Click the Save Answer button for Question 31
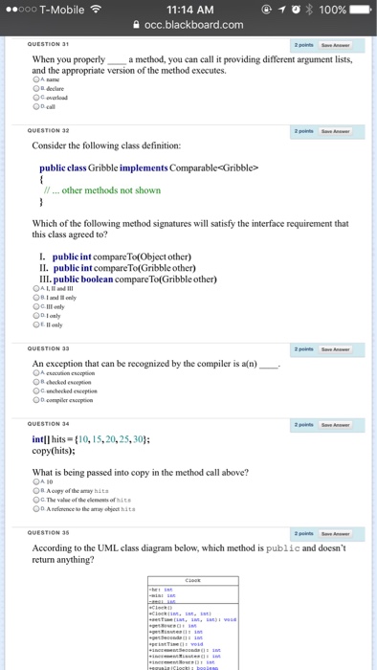click(x=334, y=45)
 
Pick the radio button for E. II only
click(x=36, y=324)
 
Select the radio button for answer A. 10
click(x=36, y=482)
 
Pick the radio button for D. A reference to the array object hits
click(x=36, y=508)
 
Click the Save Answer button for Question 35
click(x=334, y=532)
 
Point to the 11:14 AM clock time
click(x=188, y=9)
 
